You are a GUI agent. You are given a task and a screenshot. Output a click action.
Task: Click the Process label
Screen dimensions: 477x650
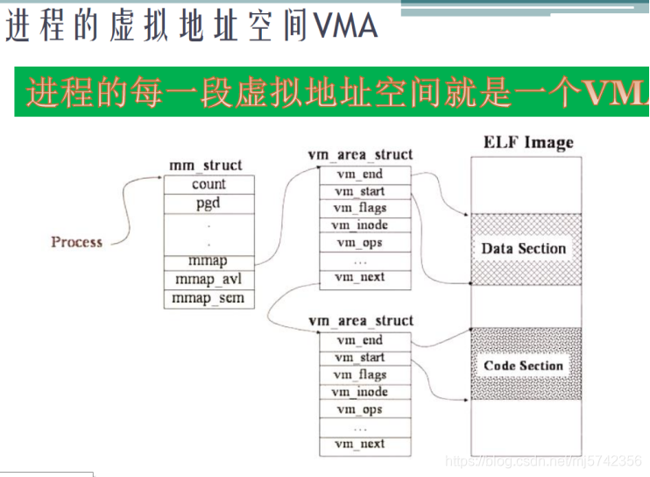(76, 242)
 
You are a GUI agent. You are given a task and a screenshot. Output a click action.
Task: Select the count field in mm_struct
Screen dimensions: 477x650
(208, 184)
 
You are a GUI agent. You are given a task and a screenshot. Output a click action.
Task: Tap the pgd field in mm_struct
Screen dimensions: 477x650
(208, 203)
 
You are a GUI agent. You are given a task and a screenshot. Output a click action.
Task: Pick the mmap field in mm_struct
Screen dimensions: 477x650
(208, 261)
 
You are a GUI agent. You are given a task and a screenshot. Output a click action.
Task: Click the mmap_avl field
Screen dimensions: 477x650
(208, 280)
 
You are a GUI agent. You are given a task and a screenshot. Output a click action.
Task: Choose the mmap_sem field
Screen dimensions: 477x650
(208, 299)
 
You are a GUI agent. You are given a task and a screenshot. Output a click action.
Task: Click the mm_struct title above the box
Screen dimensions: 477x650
(205, 165)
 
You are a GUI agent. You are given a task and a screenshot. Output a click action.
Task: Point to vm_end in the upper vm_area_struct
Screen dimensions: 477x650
(360, 174)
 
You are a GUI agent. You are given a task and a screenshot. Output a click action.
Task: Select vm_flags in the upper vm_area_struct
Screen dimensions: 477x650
(360, 208)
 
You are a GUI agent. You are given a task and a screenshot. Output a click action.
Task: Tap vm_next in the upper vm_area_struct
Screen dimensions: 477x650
(360, 277)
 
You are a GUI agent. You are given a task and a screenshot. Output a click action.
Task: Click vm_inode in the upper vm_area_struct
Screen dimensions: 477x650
(360, 225)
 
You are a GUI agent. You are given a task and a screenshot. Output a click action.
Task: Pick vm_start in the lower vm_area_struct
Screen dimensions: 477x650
(360, 358)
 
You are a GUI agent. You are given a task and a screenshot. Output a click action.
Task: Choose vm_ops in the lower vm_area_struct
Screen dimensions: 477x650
(360, 409)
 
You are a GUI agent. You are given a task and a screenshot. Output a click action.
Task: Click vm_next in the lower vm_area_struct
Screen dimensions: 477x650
(360, 444)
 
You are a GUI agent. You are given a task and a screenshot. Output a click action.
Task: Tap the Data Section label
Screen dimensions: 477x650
(524, 248)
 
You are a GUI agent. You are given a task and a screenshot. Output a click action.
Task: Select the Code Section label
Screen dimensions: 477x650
(523, 366)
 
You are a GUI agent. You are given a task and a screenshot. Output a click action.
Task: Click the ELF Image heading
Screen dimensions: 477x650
(528, 142)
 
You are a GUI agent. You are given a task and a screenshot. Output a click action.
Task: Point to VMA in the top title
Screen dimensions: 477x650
(345, 26)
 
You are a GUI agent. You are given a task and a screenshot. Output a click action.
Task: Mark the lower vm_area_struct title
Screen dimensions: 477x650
(360, 321)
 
